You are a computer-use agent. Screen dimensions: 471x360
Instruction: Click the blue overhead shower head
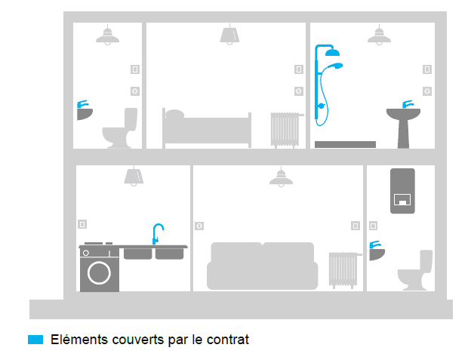pyautogui.click(x=332, y=53)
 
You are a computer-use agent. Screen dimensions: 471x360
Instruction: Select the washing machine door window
pyautogui.click(x=99, y=273)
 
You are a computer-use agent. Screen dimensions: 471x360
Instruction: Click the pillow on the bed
pyautogui.click(x=175, y=114)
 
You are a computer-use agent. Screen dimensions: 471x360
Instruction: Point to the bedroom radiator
pyautogui.click(x=286, y=130)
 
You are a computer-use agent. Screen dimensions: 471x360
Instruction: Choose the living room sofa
pyautogui.click(x=262, y=266)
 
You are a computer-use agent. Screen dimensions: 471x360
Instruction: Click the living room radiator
pyautogui.click(x=344, y=270)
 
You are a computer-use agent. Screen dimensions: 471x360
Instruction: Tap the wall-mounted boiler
pyautogui.click(x=402, y=191)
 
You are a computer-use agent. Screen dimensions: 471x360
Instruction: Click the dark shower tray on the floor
pyautogui.click(x=345, y=144)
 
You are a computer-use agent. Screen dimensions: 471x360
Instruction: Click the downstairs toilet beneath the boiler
pyautogui.click(x=415, y=270)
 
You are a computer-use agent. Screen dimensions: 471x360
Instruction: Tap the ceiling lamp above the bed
pyautogui.click(x=229, y=35)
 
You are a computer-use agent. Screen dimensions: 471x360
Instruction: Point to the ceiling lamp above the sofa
pyautogui.click(x=281, y=177)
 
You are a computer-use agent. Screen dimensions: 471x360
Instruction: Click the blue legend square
pyautogui.click(x=35, y=340)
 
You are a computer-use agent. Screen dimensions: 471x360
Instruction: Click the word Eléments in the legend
pyautogui.click(x=79, y=340)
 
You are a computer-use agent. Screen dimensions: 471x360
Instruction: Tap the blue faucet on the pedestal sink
pyautogui.click(x=408, y=104)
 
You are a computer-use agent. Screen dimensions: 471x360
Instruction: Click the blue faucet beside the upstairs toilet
pyautogui.click(x=82, y=104)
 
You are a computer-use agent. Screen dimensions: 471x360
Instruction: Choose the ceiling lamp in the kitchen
pyautogui.click(x=134, y=177)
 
